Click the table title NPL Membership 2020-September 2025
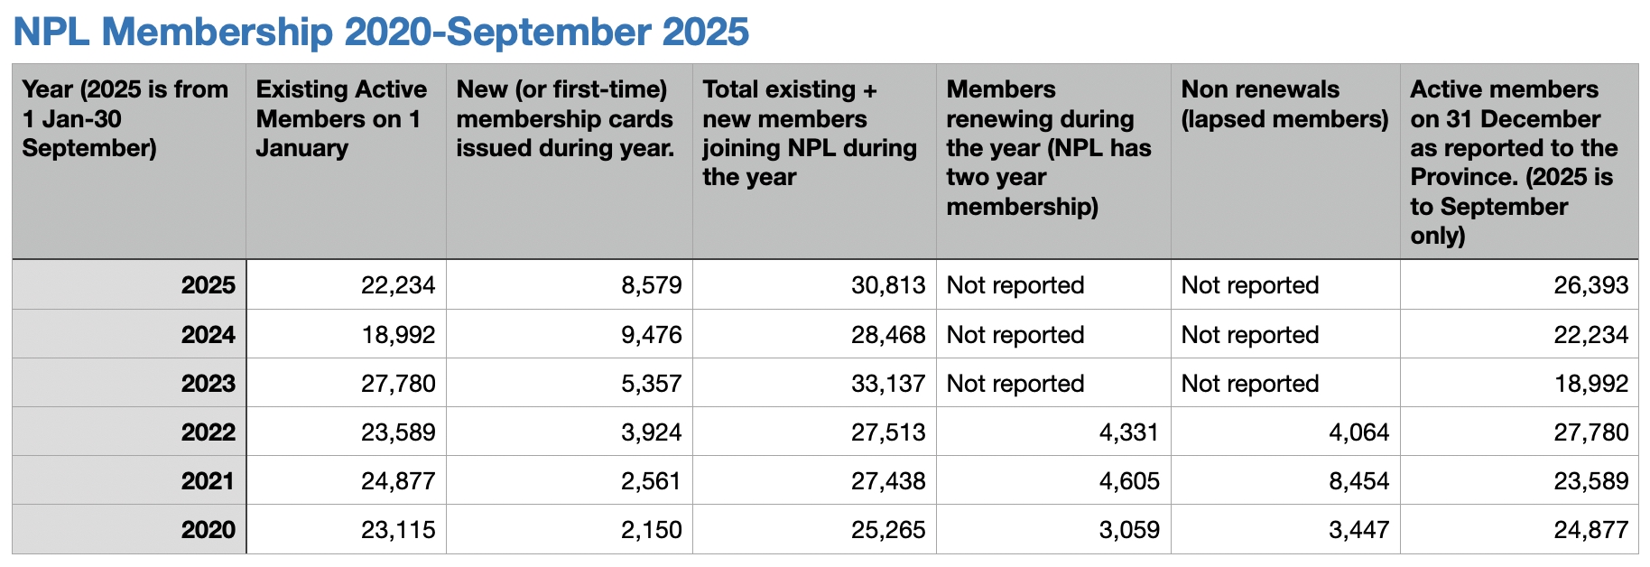(381, 32)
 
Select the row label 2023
(208, 384)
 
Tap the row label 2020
(208, 530)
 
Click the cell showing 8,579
(651, 285)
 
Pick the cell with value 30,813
(888, 285)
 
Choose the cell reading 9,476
(651, 335)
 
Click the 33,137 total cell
(888, 384)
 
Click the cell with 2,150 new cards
(651, 530)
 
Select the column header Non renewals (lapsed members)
(1284, 104)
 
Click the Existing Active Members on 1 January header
(341, 118)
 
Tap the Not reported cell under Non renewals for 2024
(1250, 335)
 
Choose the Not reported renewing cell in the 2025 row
(1015, 285)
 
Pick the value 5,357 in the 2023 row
(651, 384)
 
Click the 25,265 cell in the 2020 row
(888, 530)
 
